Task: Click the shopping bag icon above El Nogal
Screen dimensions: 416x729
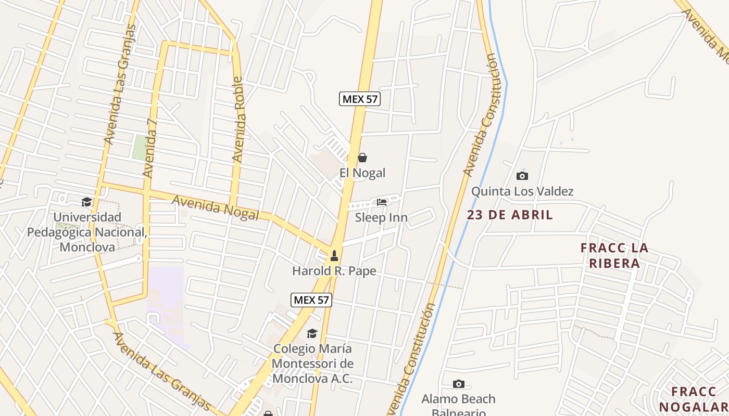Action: pyautogui.click(x=362, y=158)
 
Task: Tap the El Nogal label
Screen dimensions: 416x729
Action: pyautogui.click(x=362, y=173)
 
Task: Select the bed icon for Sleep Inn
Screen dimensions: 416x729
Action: pyautogui.click(x=382, y=202)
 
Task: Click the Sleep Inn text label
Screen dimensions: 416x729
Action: pyautogui.click(x=381, y=217)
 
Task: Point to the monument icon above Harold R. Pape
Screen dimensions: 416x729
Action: pyautogui.click(x=334, y=256)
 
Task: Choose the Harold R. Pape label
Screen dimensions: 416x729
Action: pyautogui.click(x=334, y=271)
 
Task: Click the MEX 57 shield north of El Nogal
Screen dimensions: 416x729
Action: pyautogui.click(x=360, y=99)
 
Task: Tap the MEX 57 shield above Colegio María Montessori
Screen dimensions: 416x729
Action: pyautogui.click(x=311, y=300)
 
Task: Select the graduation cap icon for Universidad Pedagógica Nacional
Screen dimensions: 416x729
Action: pyautogui.click(x=87, y=202)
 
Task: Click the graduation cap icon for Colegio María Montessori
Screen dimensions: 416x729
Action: pyautogui.click(x=312, y=333)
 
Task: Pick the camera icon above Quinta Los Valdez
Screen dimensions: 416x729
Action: pyautogui.click(x=522, y=176)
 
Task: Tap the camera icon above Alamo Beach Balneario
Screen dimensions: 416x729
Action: pyautogui.click(x=458, y=384)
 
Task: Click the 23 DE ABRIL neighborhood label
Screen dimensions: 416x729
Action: pyautogui.click(x=510, y=215)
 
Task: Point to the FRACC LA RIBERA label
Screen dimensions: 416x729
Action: pyautogui.click(x=614, y=255)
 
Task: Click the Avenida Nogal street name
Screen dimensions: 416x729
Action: pyautogui.click(x=215, y=207)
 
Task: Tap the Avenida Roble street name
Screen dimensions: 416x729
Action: pyautogui.click(x=238, y=120)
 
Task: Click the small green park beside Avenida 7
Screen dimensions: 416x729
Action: pyautogui.click(x=139, y=147)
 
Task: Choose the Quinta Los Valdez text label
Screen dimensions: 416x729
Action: pyautogui.click(x=522, y=191)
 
